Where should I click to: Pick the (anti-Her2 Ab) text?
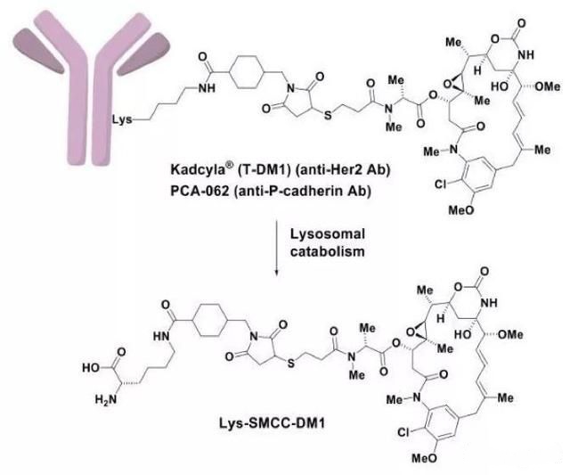pyautogui.click(x=348, y=168)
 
